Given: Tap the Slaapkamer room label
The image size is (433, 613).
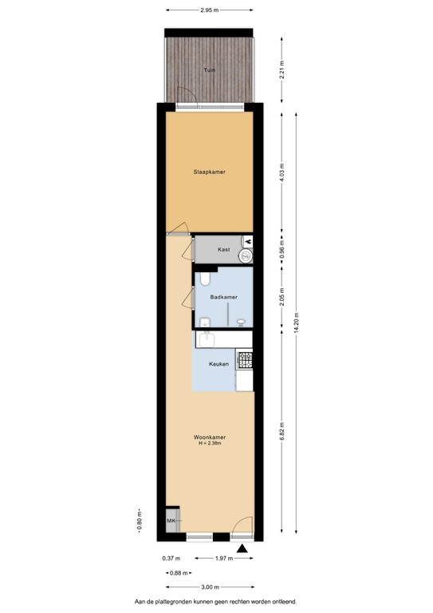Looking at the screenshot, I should [x=209, y=171].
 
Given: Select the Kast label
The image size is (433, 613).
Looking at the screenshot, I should [x=224, y=250].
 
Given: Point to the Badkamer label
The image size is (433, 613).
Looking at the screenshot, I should [x=223, y=297].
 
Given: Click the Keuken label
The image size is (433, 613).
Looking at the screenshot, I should [x=218, y=364].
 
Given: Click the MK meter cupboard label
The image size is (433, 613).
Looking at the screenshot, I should [x=171, y=521].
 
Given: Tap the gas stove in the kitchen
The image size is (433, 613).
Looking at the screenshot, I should [x=245, y=360].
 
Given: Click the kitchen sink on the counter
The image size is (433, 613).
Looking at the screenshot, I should [x=207, y=339].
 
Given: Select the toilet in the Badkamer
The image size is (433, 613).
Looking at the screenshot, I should [x=205, y=278].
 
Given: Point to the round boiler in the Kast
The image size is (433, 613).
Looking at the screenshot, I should [x=247, y=255].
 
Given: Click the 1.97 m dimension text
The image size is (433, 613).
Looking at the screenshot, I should [x=223, y=558].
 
